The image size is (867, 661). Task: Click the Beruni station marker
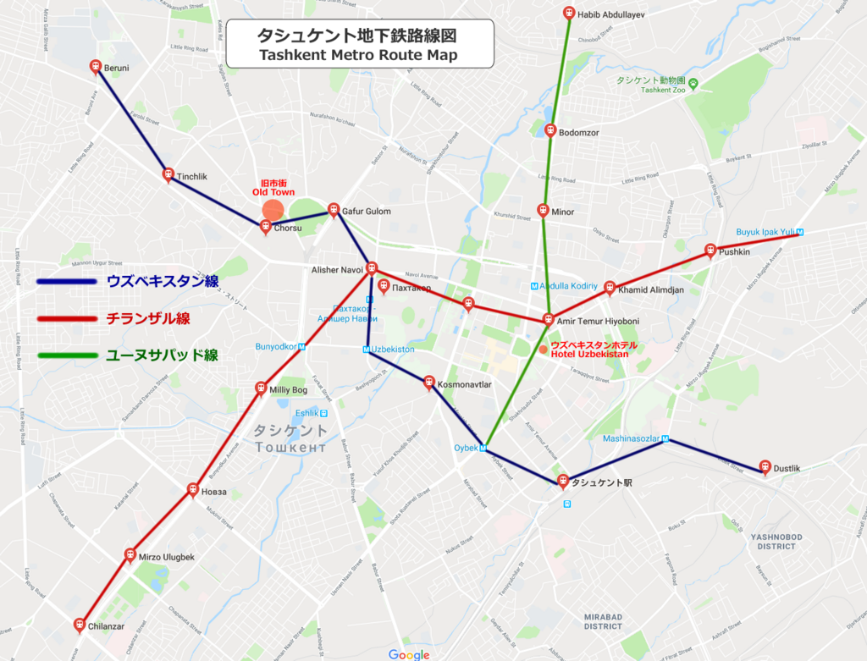[x=96, y=66]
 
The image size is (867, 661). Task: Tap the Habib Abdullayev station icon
[x=569, y=13]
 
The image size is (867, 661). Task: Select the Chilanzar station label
[x=107, y=627]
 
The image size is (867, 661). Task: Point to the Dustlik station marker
[x=765, y=465]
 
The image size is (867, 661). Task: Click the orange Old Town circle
[x=273, y=210]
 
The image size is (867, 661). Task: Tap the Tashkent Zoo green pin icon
[x=693, y=83]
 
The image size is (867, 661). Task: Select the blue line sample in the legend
[x=66, y=282]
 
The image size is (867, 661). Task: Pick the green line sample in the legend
[x=66, y=355]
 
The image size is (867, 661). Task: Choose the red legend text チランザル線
[x=148, y=319]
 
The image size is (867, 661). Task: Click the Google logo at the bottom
[x=409, y=654]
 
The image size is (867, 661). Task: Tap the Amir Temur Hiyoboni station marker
[x=549, y=319]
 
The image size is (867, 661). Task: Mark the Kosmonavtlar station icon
[x=429, y=383]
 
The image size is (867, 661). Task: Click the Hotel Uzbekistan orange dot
[x=543, y=349]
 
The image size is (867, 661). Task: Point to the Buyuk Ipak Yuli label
[x=765, y=231]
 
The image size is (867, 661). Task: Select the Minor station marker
[x=543, y=210]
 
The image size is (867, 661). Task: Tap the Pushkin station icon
[x=710, y=250]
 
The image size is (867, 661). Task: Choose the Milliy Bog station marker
[x=261, y=388]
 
